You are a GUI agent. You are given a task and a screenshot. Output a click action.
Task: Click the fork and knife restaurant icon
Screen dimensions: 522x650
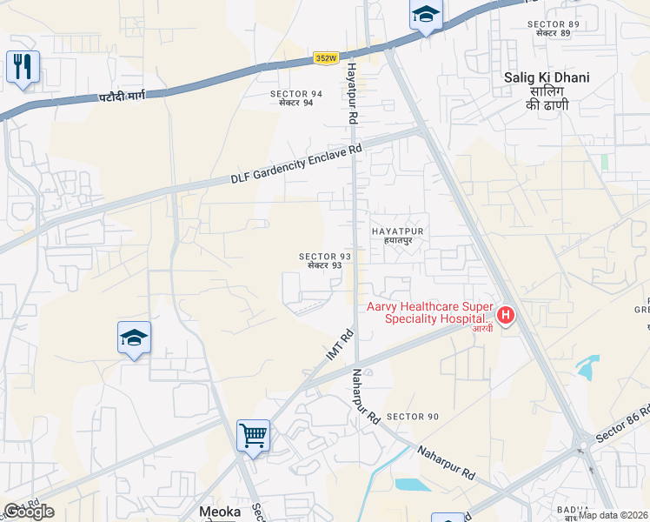click(x=23, y=66)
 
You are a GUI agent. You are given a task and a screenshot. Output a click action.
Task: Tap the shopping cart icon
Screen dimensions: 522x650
click(x=253, y=434)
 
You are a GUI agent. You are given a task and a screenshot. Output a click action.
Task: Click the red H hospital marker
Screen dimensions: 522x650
click(x=505, y=315)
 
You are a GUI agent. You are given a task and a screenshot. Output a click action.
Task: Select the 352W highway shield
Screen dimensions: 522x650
click(x=326, y=58)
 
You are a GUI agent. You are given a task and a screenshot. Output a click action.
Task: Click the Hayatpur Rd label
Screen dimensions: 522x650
click(x=352, y=90)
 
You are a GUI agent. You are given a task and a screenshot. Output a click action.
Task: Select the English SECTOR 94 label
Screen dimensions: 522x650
click(x=296, y=93)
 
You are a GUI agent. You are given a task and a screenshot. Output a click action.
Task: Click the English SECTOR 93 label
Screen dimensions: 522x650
click(x=325, y=257)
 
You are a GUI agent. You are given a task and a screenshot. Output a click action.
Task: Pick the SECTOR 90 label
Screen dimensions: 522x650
click(x=413, y=417)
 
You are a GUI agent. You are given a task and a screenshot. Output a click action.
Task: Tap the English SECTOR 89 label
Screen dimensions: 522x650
click(x=553, y=23)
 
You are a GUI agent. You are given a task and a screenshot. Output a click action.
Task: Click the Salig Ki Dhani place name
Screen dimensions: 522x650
click(x=547, y=77)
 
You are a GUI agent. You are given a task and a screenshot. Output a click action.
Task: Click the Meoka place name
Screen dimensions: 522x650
click(x=220, y=512)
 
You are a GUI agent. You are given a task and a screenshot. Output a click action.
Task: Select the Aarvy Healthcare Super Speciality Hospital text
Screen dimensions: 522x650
click(x=429, y=312)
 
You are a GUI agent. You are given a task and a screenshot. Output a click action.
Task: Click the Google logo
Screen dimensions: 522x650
click(x=29, y=512)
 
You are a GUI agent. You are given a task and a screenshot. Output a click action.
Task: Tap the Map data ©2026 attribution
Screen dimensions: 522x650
click(x=614, y=515)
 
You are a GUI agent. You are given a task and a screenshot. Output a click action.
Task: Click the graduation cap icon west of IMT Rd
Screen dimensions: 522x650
click(x=135, y=338)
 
